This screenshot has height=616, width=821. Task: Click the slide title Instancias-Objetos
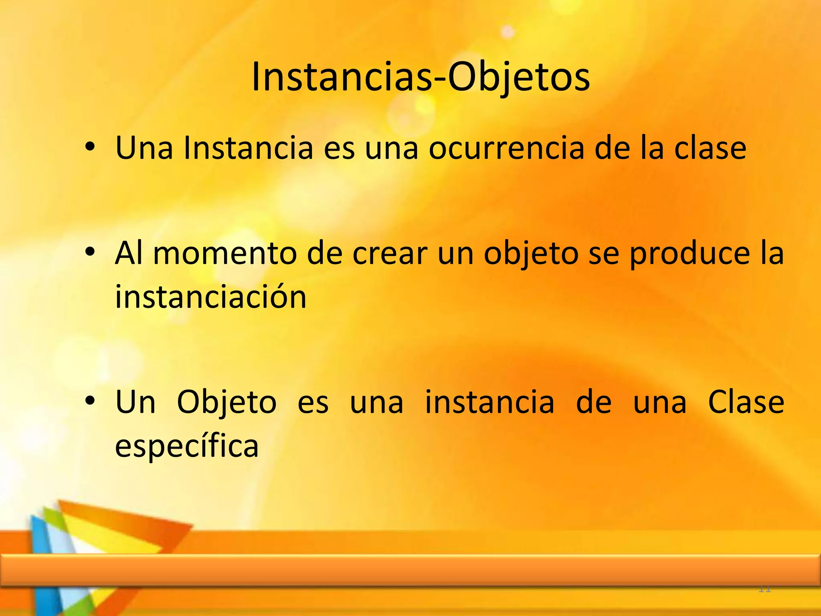[421, 77]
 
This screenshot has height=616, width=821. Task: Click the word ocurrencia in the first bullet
[506, 148]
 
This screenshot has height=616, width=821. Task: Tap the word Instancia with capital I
[248, 148]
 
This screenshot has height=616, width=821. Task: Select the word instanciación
[211, 297]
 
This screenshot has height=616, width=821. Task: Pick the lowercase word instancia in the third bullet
[489, 402]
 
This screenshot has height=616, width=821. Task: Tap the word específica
[187, 446]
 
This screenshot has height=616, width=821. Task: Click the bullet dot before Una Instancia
[90, 147]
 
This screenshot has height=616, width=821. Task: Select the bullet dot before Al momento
[90, 252]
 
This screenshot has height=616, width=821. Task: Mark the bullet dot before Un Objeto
[90, 400]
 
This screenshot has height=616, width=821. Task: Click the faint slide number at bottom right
[765, 589]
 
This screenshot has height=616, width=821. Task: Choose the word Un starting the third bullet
[135, 402]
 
